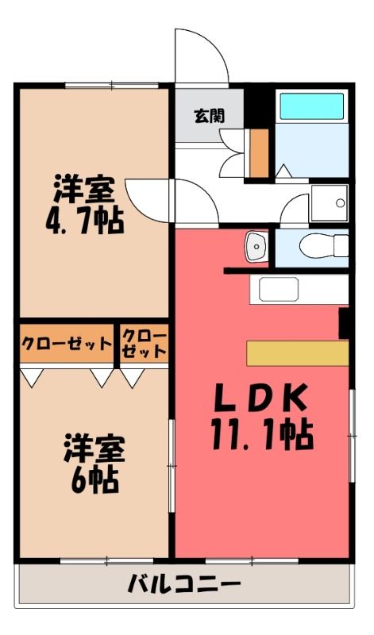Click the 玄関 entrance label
click(209, 116)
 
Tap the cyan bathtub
click(311, 106)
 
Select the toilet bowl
click(324, 245)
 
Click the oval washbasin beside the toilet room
click(255, 245)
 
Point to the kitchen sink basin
click(279, 289)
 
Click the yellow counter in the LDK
click(298, 353)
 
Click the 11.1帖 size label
click(262, 435)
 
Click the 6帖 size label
click(94, 480)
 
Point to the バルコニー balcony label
click(184, 584)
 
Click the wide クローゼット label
click(67, 344)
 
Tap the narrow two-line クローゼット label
click(145, 344)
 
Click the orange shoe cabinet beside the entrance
click(259, 153)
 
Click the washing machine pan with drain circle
click(330, 203)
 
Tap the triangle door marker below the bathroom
click(284, 171)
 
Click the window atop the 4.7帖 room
click(111, 86)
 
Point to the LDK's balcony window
click(252, 561)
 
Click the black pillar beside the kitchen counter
click(344, 323)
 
